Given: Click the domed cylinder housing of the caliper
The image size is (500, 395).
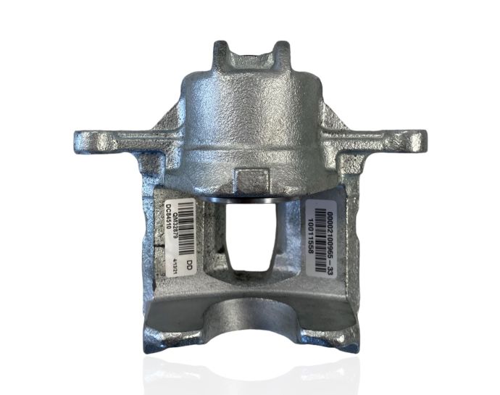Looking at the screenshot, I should pyautogui.click(x=250, y=116).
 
